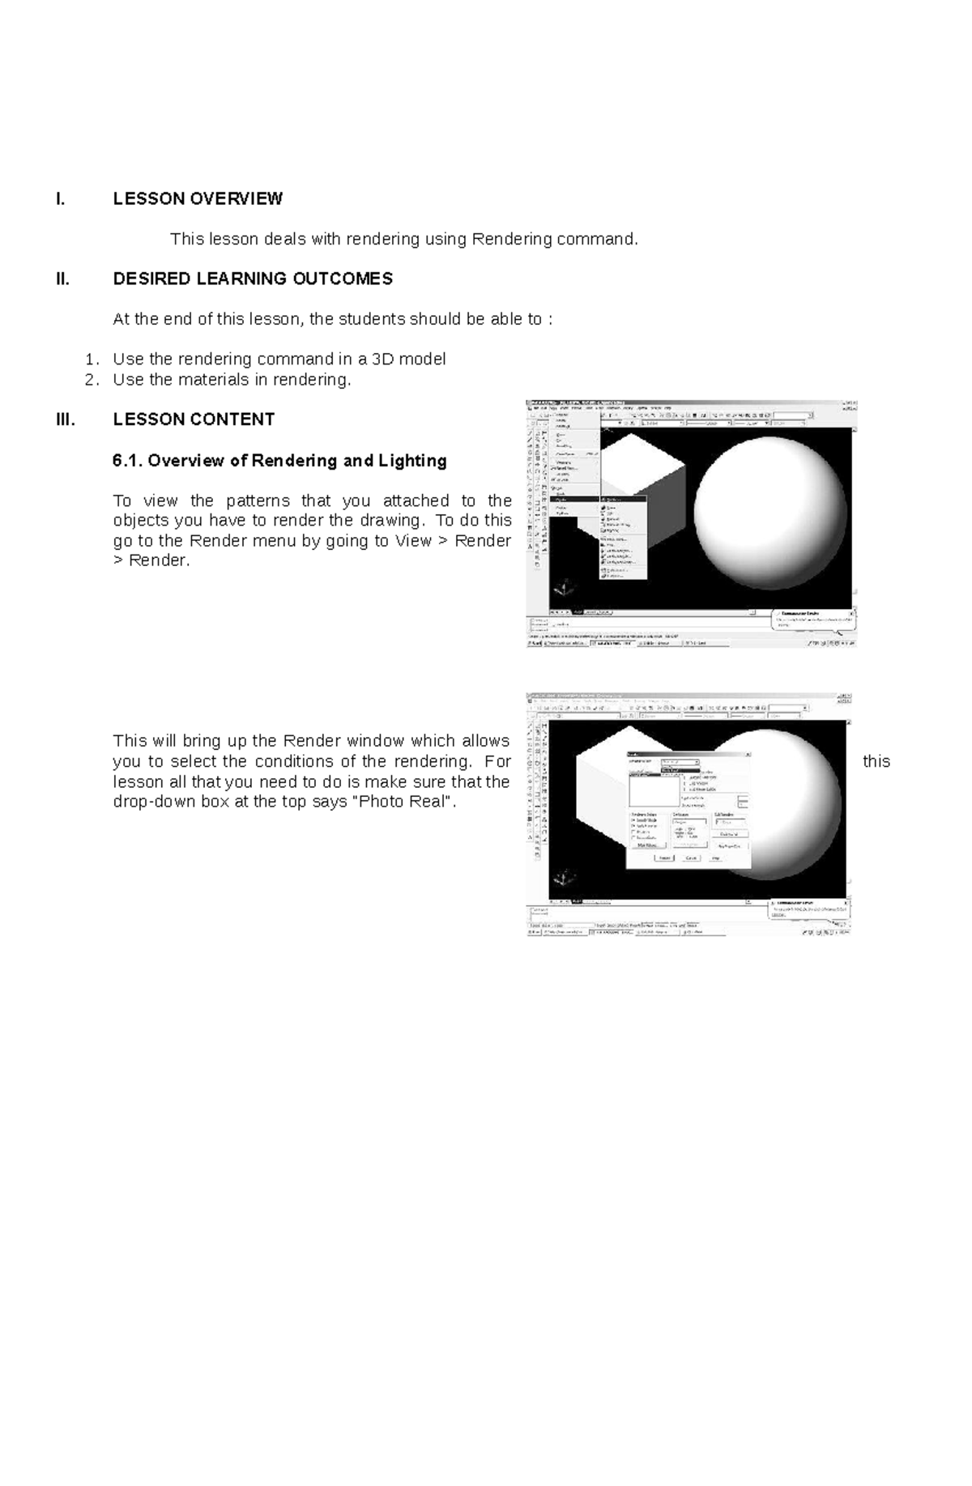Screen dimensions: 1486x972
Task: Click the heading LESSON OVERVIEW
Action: (x=198, y=198)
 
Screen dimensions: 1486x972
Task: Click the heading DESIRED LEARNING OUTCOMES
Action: (x=253, y=279)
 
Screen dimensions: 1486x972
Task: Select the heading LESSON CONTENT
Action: (x=194, y=419)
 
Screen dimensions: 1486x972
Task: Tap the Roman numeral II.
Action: (x=63, y=279)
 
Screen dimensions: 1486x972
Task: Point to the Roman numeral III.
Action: (x=66, y=419)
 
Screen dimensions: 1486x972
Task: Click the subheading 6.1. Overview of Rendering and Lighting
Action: (x=279, y=461)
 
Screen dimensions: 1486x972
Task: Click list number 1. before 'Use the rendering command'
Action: (x=92, y=359)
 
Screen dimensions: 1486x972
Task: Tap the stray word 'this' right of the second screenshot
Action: (x=876, y=761)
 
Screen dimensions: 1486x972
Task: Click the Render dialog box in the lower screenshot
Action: (x=688, y=810)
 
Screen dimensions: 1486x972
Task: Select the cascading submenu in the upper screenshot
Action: (x=623, y=539)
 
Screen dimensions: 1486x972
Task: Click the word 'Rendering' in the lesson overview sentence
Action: (x=512, y=239)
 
